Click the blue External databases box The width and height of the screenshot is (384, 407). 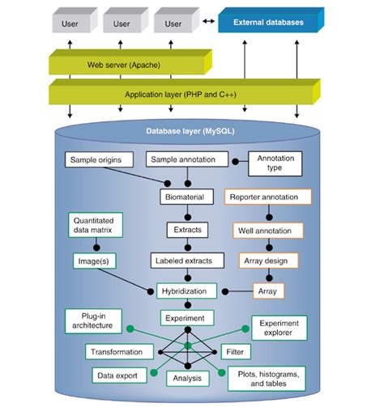point(268,23)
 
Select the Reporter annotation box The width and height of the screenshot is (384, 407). point(265,197)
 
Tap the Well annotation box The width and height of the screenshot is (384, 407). point(265,231)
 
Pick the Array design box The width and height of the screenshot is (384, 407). point(265,261)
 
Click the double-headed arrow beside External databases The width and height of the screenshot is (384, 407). point(208,23)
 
